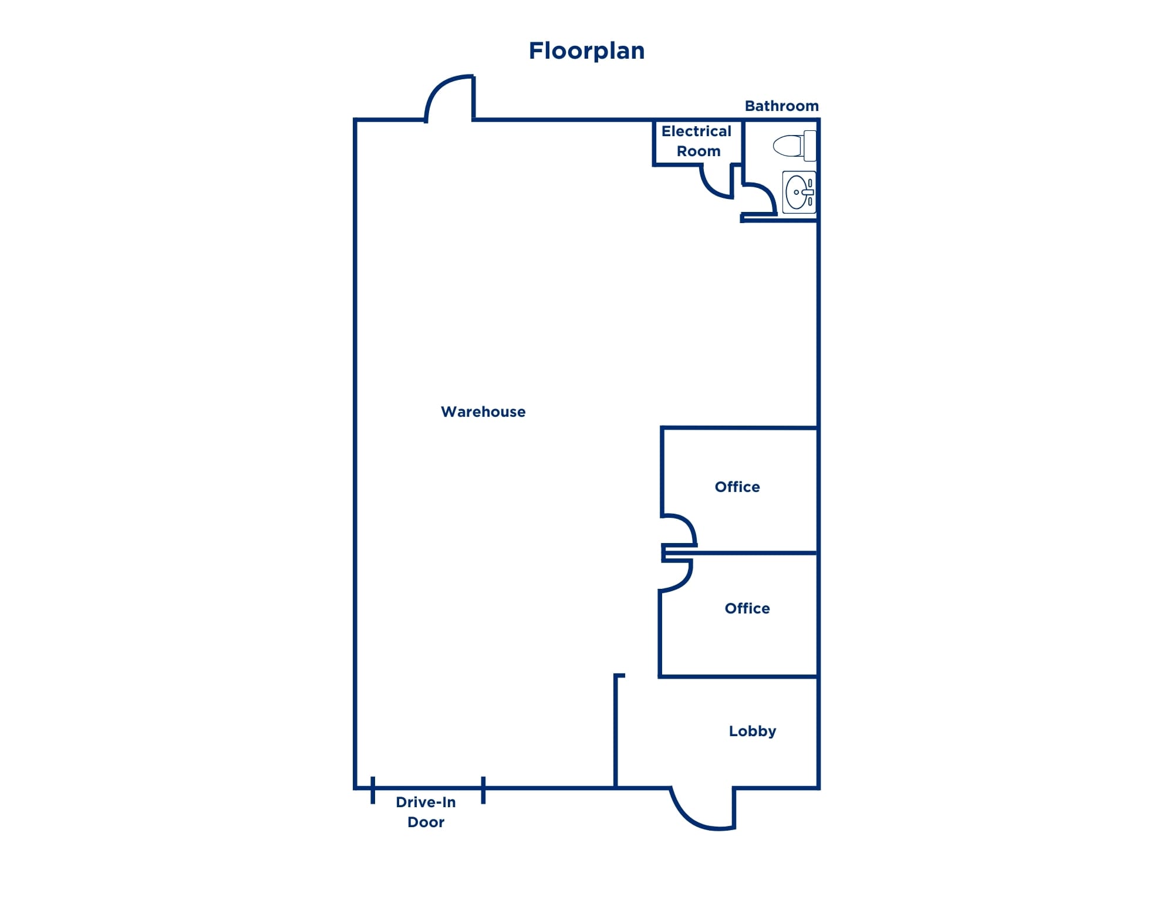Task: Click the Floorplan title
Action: (x=586, y=51)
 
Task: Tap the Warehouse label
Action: (x=483, y=412)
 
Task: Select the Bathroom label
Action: (x=781, y=106)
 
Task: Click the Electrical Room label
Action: (x=697, y=141)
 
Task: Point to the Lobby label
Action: (x=752, y=731)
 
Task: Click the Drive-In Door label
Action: (x=426, y=812)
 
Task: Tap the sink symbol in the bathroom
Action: (x=799, y=191)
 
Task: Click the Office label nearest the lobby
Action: (x=747, y=608)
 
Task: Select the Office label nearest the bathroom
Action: (x=737, y=487)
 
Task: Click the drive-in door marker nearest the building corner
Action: (x=373, y=790)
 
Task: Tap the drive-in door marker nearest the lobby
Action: (x=483, y=790)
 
